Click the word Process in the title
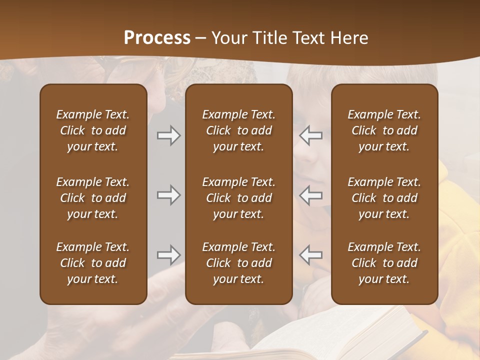(x=157, y=38)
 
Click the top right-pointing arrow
(x=168, y=135)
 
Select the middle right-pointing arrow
(x=168, y=195)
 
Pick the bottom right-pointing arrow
(x=168, y=255)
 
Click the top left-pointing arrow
(x=311, y=135)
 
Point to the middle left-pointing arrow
(x=311, y=195)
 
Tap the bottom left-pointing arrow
(x=311, y=255)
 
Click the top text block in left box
(x=93, y=130)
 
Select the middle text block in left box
(x=93, y=198)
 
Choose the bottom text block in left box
(x=93, y=263)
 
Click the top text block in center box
(x=238, y=130)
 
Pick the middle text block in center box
(x=238, y=198)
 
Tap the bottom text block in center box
(x=238, y=263)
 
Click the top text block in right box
(x=384, y=130)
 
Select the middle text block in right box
(x=384, y=198)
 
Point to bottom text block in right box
(x=384, y=263)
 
